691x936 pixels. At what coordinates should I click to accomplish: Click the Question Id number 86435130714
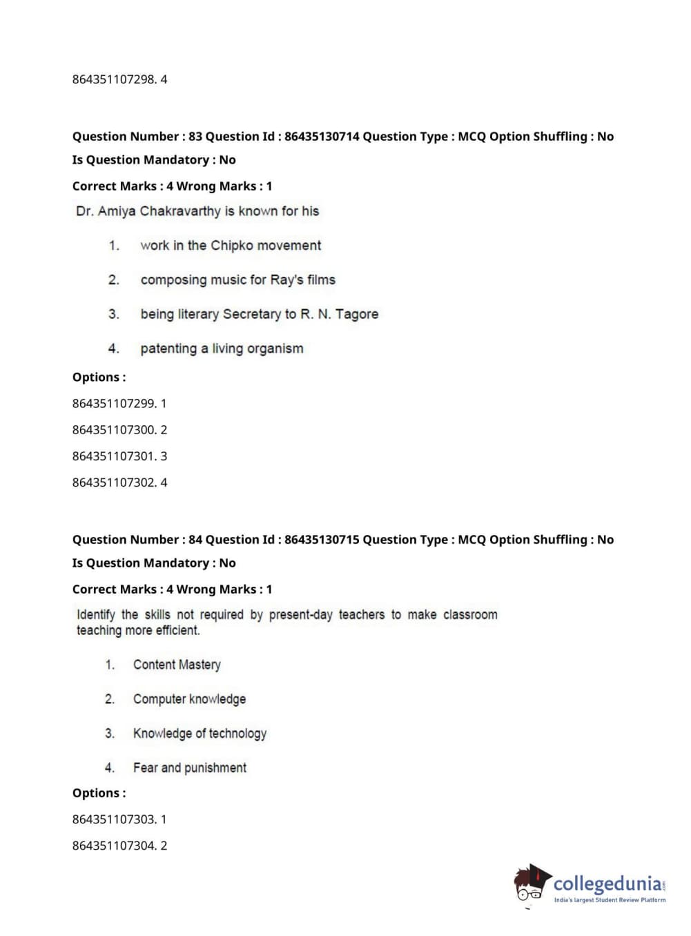pyautogui.click(x=322, y=137)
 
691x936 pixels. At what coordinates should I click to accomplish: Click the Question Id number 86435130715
pyautogui.click(x=322, y=540)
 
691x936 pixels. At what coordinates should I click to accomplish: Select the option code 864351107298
pyautogui.click(x=114, y=79)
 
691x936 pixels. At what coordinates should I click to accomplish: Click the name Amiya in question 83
pyautogui.click(x=117, y=211)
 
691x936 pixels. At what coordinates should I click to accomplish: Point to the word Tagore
pyautogui.click(x=357, y=314)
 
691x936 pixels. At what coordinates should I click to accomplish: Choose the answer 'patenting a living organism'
pyautogui.click(x=222, y=349)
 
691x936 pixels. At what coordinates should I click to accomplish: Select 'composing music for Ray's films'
pyautogui.click(x=237, y=280)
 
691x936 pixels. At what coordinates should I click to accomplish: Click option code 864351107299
pyautogui.click(x=114, y=403)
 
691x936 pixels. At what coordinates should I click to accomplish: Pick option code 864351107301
pyautogui.click(x=114, y=456)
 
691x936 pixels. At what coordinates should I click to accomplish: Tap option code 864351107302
pyautogui.click(x=114, y=482)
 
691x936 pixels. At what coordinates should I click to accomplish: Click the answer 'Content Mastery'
pyautogui.click(x=177, y=665)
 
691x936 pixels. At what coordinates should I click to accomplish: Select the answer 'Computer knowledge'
pyautogui.click(x=189, y=699)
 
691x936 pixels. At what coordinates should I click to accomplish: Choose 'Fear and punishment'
pyautogui.click(x=189, y=768)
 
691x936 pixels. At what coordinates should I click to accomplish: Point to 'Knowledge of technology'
pyautogui.click(x=199, y=733)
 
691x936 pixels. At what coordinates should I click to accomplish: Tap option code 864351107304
pyautogui.click(x=114, y=846)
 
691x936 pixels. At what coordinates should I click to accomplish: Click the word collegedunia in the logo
pyautogui.click(x=607, y=884)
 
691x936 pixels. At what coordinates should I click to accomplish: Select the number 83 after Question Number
pyautogui.click(x=195, y=137)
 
